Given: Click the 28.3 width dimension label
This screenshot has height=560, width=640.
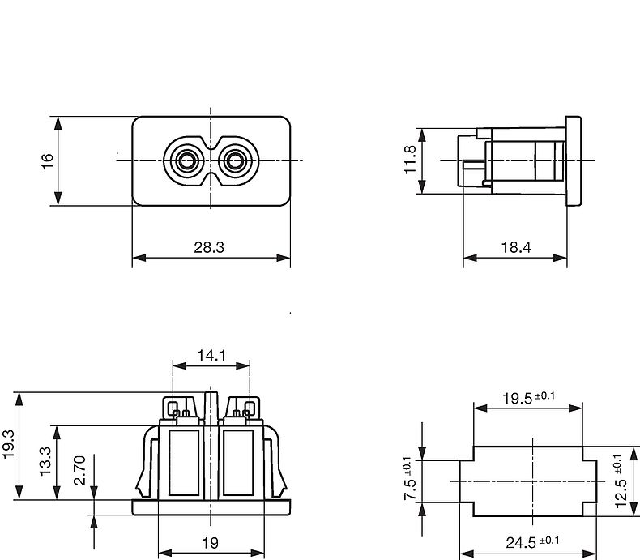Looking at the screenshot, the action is (x=208, y=247).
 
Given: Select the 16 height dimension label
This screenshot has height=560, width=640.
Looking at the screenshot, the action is (x=47, y=160).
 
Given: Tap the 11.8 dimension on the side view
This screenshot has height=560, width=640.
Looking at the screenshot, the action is (x=410, y=160).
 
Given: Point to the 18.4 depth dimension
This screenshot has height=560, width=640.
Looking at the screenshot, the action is (x=516, y=247).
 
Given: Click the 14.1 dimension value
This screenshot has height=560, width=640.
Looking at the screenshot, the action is (x=211, y=356).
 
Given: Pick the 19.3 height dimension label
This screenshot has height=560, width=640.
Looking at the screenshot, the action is (x=9, y=444).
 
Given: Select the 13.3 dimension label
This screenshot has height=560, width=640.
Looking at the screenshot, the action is (x=45, y=461).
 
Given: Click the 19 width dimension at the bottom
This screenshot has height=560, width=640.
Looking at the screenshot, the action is (x=211, y=543).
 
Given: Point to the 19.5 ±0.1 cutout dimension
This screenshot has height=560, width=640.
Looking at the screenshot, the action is (x=528, y=397).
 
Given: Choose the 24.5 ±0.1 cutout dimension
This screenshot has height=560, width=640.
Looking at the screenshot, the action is (x=532, y=541).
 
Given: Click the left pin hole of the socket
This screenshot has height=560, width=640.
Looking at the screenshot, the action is (x=187, y=160).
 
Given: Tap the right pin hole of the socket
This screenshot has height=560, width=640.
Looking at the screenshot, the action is (x=235, y=160).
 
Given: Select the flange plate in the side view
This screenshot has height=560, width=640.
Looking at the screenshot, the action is (x=573, y=160).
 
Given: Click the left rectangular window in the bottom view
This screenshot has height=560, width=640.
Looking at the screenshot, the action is (x=184, y=463).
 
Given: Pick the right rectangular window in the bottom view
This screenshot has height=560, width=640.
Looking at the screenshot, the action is (x=238, y=463).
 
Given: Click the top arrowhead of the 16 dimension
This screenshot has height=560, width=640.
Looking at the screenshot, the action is (x=58, y=123).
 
